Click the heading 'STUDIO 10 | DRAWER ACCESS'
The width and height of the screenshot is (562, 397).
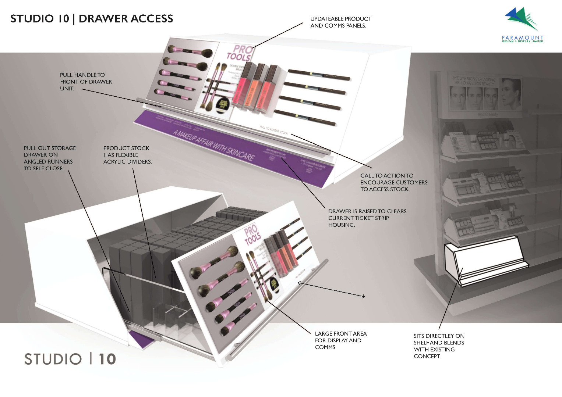[92, 19]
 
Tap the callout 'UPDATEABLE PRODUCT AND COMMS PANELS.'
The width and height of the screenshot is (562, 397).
[340, 22]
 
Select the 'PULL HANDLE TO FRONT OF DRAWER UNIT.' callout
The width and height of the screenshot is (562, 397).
[86, 82]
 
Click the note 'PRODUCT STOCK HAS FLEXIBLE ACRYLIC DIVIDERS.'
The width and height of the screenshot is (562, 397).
[127, 155]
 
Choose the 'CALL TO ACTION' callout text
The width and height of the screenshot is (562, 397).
[393, 182]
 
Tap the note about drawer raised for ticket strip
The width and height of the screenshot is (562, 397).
[367, 218]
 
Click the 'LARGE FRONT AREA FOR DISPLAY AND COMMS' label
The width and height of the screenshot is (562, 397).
[340, 340]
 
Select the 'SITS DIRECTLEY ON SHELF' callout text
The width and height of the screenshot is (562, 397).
[439, 346]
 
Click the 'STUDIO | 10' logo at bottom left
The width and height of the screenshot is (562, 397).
[70, 359]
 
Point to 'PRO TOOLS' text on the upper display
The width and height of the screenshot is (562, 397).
[240, 53]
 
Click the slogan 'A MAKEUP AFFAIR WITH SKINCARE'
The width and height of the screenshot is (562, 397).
[214, 146]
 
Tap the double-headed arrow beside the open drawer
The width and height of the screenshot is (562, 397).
[331, 289]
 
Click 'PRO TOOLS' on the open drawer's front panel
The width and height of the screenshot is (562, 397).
[252, 235]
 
